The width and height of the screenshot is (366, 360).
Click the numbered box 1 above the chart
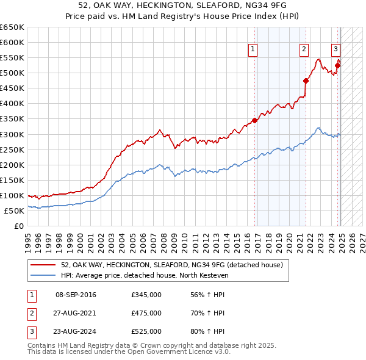[x=253, y=50]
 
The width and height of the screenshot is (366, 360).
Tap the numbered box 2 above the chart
[x=304, y=50]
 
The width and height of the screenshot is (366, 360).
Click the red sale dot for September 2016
[x=254, y=120]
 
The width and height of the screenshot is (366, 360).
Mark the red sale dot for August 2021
[x=306, y=81]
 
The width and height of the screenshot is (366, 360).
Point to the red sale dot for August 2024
[x=337, y=65]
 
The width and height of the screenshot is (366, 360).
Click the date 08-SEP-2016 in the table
[x=76, y=295]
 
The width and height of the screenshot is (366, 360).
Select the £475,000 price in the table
[x=146, y=313]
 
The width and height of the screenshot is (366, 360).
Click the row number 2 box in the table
[x=30, y=313]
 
